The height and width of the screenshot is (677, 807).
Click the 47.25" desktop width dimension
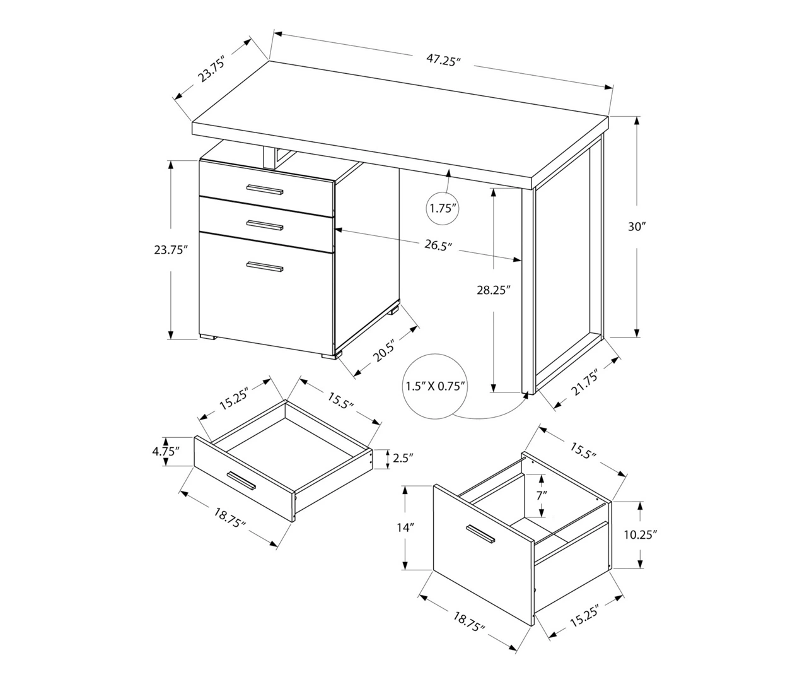(444, 60)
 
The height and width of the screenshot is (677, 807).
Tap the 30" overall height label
(637, 227)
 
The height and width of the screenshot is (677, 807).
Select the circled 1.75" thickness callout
(443, 208)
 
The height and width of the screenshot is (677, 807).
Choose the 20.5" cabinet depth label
(385, 350)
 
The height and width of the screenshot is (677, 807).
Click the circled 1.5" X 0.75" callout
(435, 386)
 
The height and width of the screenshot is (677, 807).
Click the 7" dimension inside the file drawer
(542, 496)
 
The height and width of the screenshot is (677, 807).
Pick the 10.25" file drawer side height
(641, 534)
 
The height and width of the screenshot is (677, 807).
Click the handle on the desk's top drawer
(265, 190)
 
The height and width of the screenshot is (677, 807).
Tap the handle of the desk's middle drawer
(265, 225)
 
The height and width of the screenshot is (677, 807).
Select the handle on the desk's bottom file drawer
(265, 267)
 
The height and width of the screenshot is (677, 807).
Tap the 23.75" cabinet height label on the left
(171, 250)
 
